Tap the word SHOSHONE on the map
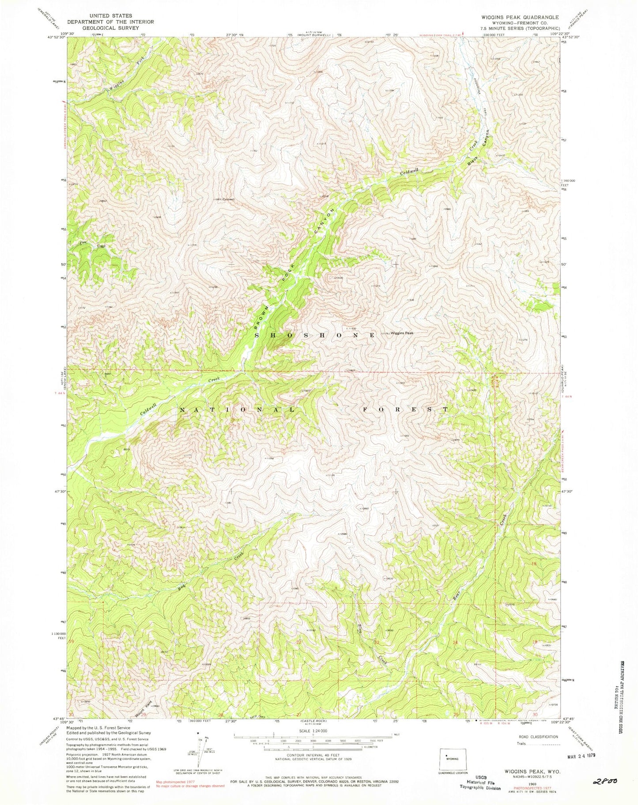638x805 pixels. [x=315, y=335]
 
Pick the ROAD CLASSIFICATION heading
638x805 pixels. [x=538, y=737]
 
